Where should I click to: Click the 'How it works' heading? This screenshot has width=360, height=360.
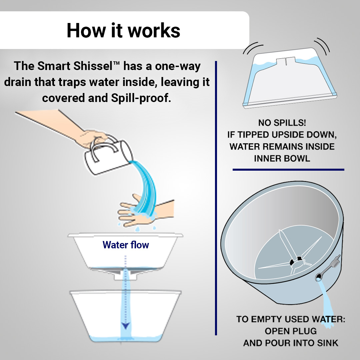tap(123, 30)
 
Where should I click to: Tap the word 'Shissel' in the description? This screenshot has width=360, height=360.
tap(93, 66)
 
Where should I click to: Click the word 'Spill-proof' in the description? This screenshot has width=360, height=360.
tap(141, 98)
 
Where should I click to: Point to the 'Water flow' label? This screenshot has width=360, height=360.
tap(126, 245)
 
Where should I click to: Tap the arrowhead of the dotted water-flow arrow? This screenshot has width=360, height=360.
tap(126, 326)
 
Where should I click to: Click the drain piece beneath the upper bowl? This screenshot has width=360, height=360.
tap(125, 275)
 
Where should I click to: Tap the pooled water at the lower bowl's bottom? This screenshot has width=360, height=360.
tap(125, 339)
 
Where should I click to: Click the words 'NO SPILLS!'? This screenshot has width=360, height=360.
tap(282, 123)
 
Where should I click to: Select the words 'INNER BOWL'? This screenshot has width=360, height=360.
tap(282, 158)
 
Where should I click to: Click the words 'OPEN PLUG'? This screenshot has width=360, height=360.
tap(291, 331)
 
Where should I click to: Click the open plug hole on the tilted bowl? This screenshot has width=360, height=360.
tap(319, 277)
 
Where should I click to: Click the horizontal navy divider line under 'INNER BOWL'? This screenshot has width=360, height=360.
tap(288, 170)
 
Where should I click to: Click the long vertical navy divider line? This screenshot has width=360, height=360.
tap(216, 198)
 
